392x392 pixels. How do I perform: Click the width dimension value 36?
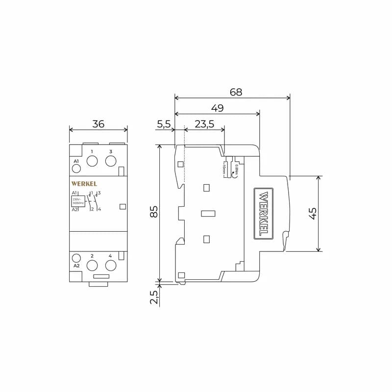98,124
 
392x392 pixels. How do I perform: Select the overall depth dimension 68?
236,92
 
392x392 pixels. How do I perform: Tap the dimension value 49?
217,108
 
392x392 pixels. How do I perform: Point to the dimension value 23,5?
204,124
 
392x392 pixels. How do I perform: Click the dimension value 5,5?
164,124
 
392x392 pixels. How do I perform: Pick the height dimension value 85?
154,212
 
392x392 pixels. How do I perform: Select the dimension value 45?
313,213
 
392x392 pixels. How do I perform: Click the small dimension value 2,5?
154,297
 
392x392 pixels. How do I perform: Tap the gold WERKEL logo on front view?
84,184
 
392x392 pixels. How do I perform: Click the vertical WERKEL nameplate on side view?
263,214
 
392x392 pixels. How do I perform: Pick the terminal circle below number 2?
92,265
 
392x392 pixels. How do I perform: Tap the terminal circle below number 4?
111,265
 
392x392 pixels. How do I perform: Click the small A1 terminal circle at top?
76,169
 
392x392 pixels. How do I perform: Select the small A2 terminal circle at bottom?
76,258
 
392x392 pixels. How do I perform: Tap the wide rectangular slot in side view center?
208,213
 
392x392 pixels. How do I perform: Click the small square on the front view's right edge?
122,207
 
